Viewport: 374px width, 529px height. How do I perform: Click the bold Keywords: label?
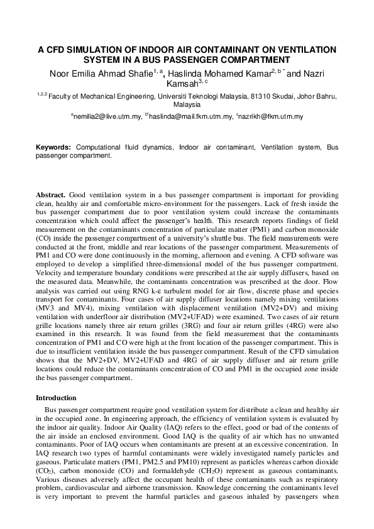pyautogui.click(x=53, y=147)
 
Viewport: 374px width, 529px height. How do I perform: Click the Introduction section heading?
pyautogui.click(x=56, y=398)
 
